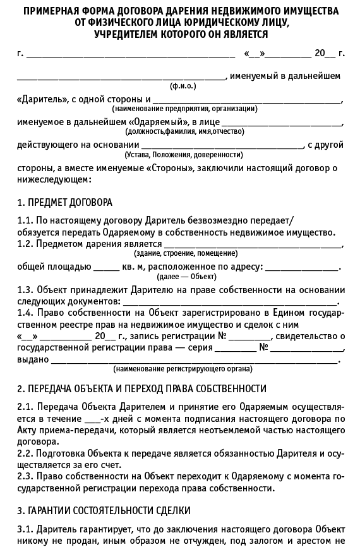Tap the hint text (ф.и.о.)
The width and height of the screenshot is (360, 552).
tap(183, 85)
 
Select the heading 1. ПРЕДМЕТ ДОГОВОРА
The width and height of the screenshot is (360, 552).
tap(64, 203)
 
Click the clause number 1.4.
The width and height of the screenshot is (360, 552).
tap(25, 312)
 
